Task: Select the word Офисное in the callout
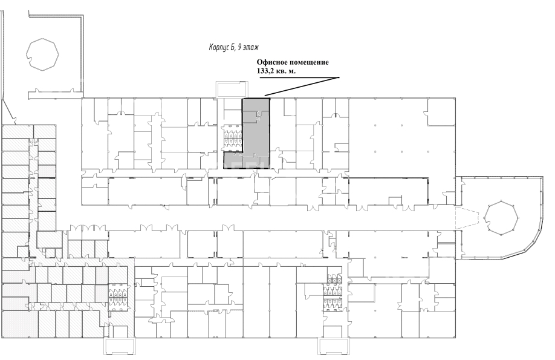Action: [x=272, y=62]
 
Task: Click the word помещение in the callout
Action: [x=309, y=63]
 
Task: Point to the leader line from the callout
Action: [x=302, y=87]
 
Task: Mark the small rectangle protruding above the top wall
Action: [x=232, y=89]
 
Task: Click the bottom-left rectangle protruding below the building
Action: [x=119, y=346]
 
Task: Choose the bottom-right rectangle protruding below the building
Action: [x=333, y=346]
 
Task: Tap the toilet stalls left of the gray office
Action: [x=233, y=138]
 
